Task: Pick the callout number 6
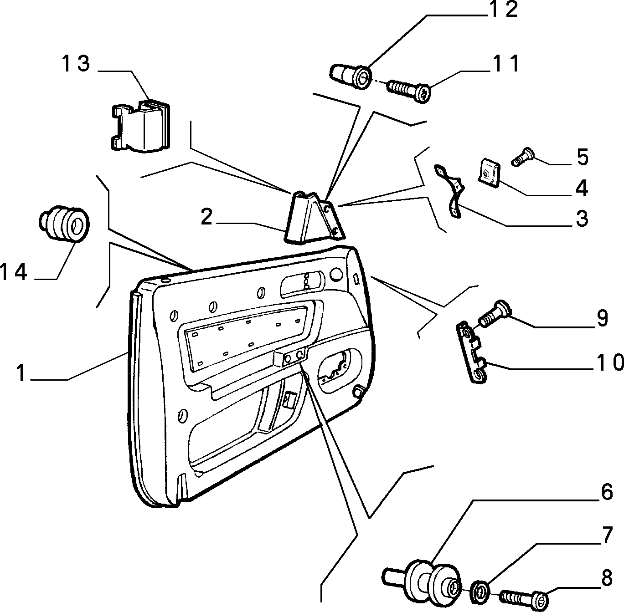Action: (606, 492)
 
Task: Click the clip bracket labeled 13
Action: (139, 126)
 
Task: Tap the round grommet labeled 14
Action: (64, 224)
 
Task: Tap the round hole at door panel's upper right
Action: (336, 274)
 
